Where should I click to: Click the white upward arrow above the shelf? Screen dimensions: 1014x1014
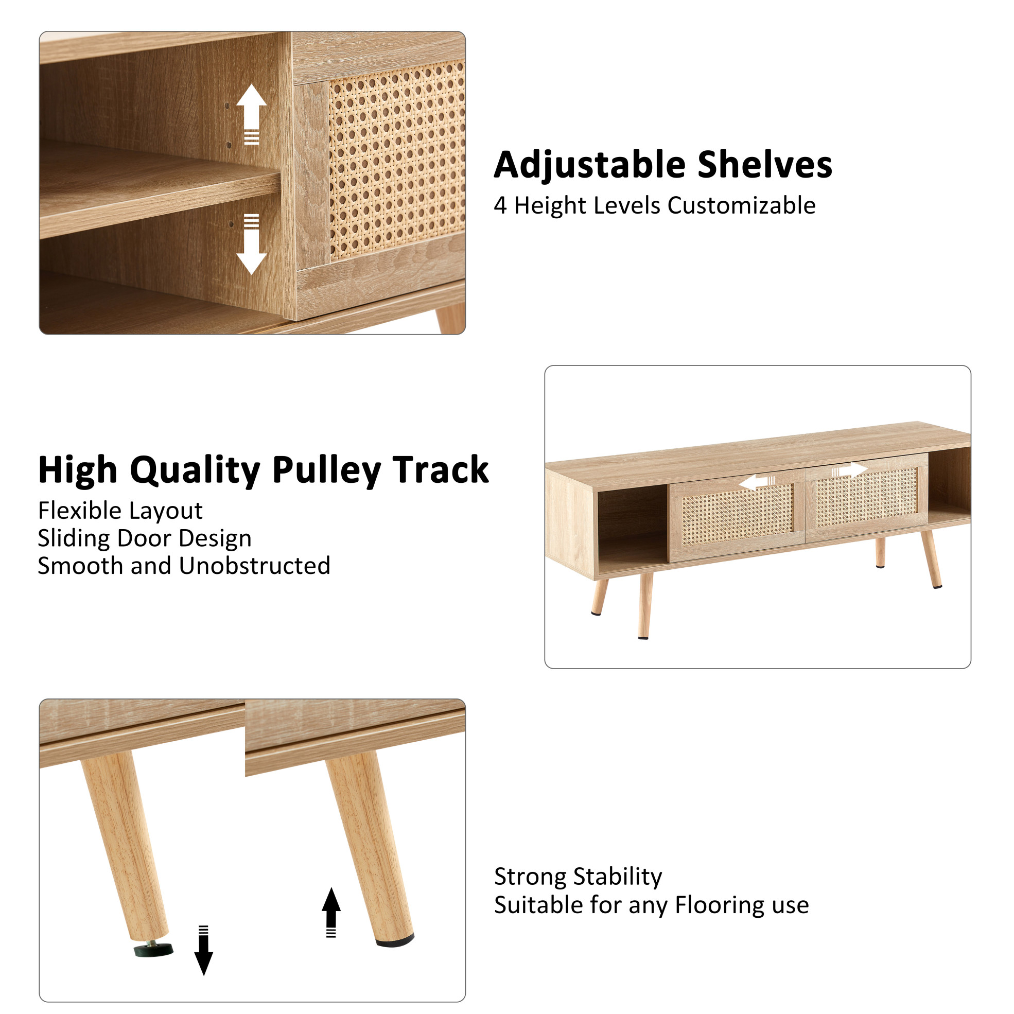pyautogui.click(x=251, y=114)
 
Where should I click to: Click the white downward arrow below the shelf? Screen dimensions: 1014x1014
pyautogui.click(x=251, y=244)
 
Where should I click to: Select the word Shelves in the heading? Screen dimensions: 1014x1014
pyautogui.click(x=765, y=165)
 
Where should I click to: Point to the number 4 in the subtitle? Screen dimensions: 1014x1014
pyautogui.click(x=500, y=206)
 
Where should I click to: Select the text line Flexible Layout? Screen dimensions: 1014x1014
pyautogui.click(x=120, y=511)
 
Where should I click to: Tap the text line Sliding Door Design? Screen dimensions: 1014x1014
pyautogui.click(x=145, y=538)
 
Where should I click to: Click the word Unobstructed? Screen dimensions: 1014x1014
pyautogui.click(x=255, y=566)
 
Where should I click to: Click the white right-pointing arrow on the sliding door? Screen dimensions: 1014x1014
pyautogui.click(x=849, y=470)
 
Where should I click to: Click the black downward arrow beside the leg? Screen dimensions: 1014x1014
pyautogui.click(x=204, y=951)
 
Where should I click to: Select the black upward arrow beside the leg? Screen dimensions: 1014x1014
pyautogui.click(x=331, y=913)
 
